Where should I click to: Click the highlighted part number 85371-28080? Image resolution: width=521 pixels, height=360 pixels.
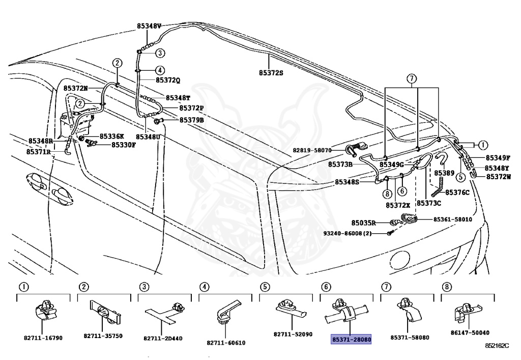coord(351,340)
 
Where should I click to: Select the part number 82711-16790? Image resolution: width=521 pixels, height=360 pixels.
coord(43,338)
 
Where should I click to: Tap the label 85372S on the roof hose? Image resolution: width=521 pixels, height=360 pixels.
coord(271,72)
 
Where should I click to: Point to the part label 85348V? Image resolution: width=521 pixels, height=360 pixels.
coord(149,26)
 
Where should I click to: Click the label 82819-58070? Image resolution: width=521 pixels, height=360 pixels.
coord(312,150)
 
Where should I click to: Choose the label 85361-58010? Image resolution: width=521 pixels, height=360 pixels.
coord(452,219)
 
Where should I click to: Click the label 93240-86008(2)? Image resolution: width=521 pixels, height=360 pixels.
coord(347,234)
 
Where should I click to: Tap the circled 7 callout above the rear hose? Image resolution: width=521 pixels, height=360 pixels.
coord(411,79)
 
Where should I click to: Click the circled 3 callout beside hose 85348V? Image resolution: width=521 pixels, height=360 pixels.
coord(160,53)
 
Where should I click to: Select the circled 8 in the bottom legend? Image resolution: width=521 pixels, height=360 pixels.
coord(447,287)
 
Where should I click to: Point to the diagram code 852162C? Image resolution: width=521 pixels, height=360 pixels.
coord(497,346)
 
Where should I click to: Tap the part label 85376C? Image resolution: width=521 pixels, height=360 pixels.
coord(457,192)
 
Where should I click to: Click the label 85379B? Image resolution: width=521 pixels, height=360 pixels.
coord(192,120)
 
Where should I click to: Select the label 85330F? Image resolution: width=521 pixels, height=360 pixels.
coord(123,145)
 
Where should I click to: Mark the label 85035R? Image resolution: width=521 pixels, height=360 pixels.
coord(363,223)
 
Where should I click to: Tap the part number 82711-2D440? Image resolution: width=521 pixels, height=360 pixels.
coord(163,339)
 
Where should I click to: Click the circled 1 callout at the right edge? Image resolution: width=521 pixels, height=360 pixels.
coord(483,145)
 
